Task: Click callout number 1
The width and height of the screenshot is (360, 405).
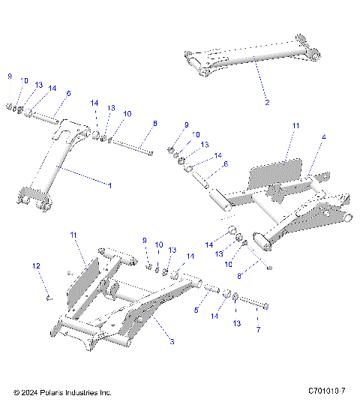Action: click(x=109, y=184)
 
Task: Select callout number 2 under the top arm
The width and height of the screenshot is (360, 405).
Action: click(x=268, y=101)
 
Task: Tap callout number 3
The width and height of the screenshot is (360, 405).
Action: click(x=172, y=342)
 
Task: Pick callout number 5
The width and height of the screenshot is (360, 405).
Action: click(x=197, y=309)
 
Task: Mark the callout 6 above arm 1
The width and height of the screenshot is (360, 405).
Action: click(x=68, y=94)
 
